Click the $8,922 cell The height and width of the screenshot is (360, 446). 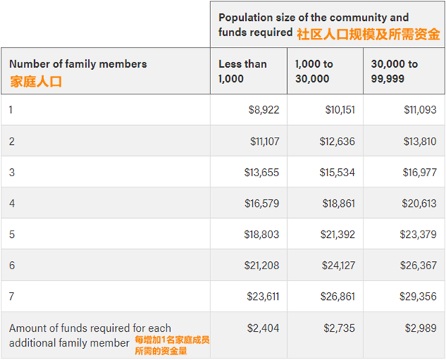(x=263, y=109)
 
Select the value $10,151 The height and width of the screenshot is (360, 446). (x=340, y=109)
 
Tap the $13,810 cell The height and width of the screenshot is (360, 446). (x=418, y=141)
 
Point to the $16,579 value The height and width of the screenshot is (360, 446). (x=262, y=203)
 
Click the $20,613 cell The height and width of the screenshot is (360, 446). (x=418, y=203)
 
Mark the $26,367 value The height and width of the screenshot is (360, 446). (x=418, y=266)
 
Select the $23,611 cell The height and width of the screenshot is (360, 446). (x=262, y=296)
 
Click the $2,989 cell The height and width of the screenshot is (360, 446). (x=421, y=327)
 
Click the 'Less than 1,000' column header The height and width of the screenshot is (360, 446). (x=242, y=71)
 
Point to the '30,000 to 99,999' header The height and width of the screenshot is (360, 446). (x=395, y=71)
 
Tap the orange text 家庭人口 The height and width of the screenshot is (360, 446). (x=35, y=81)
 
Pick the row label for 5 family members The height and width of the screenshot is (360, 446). (x=12, y=234)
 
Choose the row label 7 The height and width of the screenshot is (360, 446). (x=12, y=296)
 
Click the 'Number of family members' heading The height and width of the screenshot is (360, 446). (x=78, y=64)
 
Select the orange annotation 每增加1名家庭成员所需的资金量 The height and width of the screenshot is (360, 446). (x=172, y=344)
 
